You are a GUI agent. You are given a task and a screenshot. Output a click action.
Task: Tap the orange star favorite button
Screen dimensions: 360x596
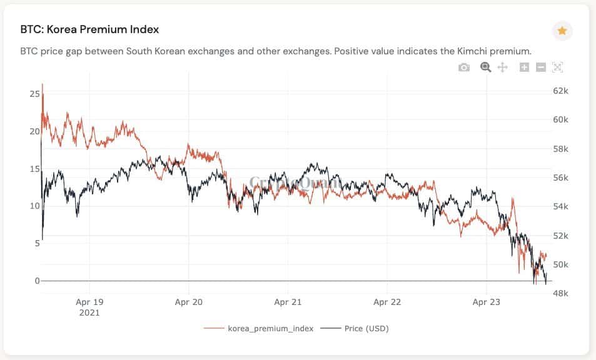pyautogui.click(x=562, y=31)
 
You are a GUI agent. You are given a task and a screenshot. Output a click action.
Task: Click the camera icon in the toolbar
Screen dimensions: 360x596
pyautogui.click(x=463, y=67)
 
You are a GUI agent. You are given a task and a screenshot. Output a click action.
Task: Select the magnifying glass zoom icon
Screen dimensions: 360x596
pyautogui.click(x=485, y=67)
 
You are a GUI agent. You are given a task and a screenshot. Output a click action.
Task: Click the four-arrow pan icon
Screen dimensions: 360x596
pyautogui.click(x=502, y=67)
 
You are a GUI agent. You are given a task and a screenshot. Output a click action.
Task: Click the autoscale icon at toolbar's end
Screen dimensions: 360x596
pyautogui.click(x=558, y=67)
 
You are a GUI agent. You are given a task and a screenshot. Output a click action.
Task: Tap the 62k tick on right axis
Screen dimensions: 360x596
pyautogui.click(x=560, y=91)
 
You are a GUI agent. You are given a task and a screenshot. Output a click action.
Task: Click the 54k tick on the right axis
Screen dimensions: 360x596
pyautogui.click(x=560, y=207)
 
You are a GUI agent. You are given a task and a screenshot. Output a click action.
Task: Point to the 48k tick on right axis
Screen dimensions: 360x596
pyautogui.click(x=560, y=293)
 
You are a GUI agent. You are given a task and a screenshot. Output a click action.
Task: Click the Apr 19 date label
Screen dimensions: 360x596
pyautogui.click(x=89, y=302)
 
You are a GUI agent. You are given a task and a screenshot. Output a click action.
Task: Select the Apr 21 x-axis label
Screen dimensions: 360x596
pyautogui.click(x=288, y=302)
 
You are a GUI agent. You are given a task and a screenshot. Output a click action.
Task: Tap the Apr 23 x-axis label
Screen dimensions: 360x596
pyautogui.click(x=487, y=302)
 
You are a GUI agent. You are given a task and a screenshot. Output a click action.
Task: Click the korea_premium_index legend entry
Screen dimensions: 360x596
pyautogui.click(x=263, y=328)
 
